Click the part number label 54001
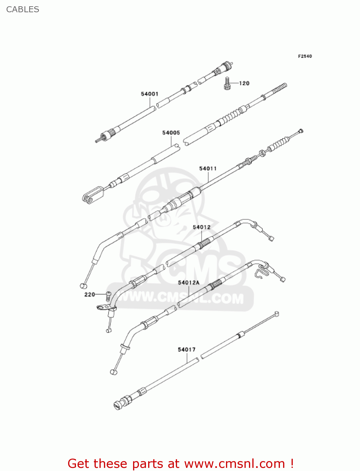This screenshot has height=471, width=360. [149, 94]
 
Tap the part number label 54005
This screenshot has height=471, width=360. [171, 133]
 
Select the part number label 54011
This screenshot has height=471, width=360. [208, 169]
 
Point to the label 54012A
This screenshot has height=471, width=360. [189, 283]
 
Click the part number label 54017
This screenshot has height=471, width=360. [186, 349]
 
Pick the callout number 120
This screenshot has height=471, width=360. [244, 83]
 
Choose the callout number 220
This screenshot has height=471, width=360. [89, 295]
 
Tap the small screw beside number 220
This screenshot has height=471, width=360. [108, 296]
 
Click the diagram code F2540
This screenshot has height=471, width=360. [305, 56]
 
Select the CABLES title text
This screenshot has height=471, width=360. [23, 9]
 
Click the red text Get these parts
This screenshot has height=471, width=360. [123, 463]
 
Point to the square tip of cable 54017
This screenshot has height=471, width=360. [277, 314]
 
